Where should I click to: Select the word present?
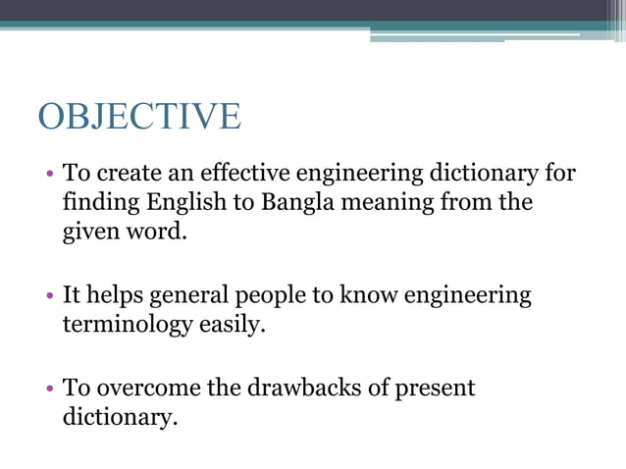(x=435, y=388)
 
